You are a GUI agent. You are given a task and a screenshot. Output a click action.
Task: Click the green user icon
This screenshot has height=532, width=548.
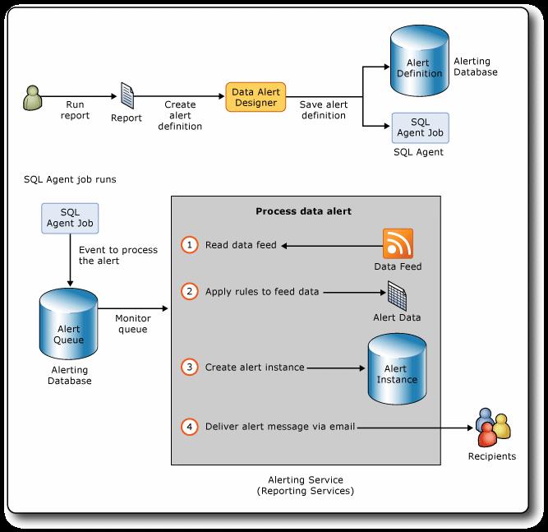(33, 98)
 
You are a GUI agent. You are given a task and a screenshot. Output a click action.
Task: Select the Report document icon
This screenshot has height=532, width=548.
(127, 95)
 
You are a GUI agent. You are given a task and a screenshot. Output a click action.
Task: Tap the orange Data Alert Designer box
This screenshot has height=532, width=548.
(256, 97)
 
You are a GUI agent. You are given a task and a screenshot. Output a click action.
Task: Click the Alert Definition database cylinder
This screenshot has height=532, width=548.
(419, 61)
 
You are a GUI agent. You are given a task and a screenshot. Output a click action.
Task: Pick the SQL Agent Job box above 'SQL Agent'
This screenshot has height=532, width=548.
(420, 127)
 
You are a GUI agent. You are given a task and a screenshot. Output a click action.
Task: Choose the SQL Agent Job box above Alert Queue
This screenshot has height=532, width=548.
(70, 218)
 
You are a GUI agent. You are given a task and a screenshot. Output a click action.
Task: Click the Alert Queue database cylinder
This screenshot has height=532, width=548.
(68, 324)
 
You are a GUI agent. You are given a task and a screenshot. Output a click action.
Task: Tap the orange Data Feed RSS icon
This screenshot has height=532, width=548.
(398, 243)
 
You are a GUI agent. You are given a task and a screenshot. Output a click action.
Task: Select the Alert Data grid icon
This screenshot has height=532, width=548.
(398, 296)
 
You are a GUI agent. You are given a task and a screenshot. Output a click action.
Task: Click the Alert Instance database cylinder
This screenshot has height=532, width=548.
(397, 368)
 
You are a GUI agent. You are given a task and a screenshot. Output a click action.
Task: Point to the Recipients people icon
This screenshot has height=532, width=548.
(493, 428)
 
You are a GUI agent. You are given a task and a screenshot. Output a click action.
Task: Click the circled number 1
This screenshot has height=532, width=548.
(190, 244)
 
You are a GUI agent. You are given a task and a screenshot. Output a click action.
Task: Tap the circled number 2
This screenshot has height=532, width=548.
(190, 291)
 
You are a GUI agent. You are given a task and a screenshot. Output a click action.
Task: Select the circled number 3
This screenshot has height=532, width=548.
(190, 367)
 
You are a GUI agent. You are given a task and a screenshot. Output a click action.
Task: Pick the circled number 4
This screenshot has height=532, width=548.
(190, 427)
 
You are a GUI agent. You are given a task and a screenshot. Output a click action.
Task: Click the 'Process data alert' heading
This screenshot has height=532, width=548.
(303, 211)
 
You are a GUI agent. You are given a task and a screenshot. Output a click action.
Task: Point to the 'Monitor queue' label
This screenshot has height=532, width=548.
(133, 323)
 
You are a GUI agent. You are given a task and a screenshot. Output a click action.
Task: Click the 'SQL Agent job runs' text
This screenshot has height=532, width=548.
(70, 179)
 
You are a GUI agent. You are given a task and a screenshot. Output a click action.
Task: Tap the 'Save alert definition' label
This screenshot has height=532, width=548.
(324, 110)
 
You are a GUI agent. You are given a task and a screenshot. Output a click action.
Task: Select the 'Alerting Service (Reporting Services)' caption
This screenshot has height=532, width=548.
(306, 485)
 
